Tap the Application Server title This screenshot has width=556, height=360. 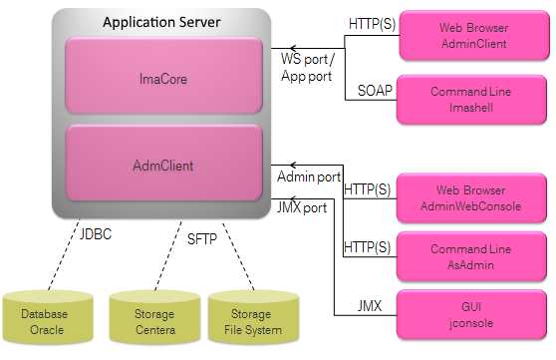coord(160,21)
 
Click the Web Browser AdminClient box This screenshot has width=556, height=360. coord(471,37)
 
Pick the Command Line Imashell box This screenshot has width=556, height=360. coord(471,99)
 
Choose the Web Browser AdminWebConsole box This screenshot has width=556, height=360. coord(471,197)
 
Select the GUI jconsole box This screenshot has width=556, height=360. coord(471,315)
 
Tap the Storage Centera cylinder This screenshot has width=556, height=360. coord(155,321)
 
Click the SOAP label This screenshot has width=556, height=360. coord(375,91)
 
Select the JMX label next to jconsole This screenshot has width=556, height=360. coord(373,305)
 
